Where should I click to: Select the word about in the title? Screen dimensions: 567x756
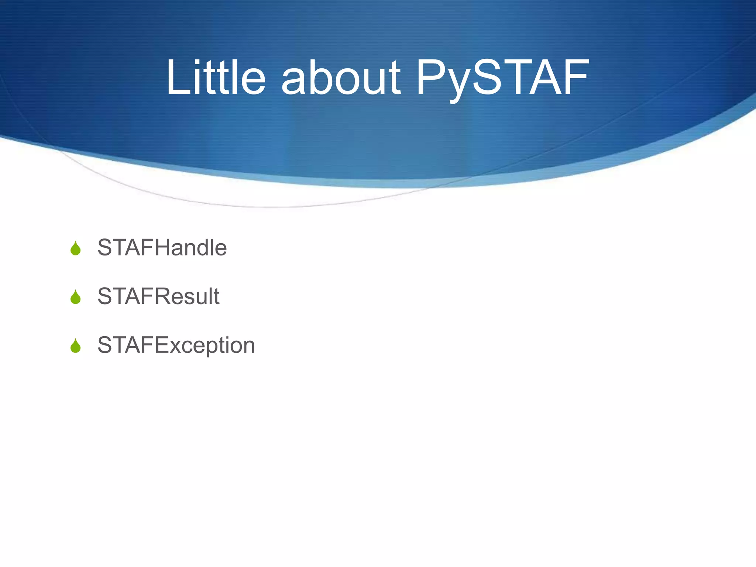point(340,78)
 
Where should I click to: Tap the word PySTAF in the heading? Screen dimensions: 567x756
point(502,78)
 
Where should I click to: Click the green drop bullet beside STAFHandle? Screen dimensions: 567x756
point(75,248)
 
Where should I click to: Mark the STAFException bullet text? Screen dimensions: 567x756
point(176,345)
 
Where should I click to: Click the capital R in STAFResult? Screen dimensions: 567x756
point(163,296)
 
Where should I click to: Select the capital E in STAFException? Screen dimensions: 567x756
point(161,345)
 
